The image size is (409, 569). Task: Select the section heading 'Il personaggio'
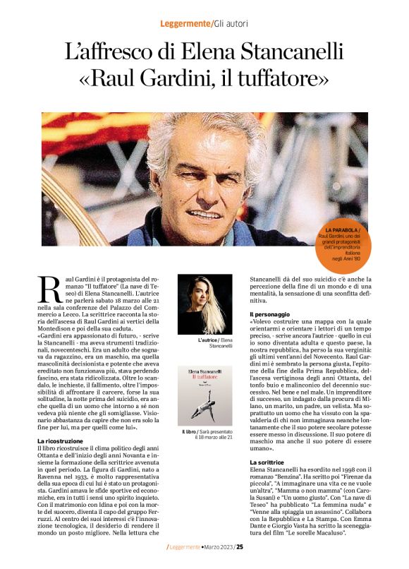[x=271, y=314]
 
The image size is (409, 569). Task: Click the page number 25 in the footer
[x=240, y=546]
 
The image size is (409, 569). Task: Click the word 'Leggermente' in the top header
[x=185, y=24]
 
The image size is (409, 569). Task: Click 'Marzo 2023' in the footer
[x=216, y=546]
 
